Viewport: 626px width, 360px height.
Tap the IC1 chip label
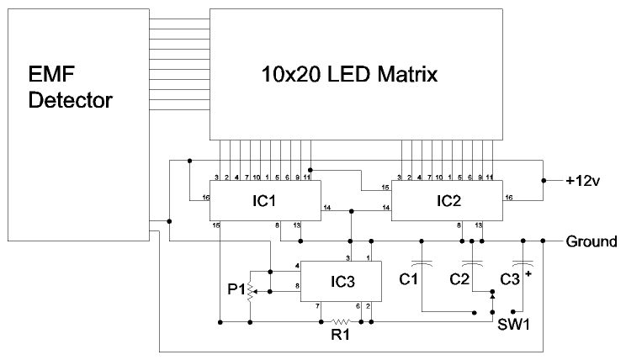264,203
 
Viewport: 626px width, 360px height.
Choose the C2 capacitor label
461,278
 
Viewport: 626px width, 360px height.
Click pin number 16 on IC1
205,199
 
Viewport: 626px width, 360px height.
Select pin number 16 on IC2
507,199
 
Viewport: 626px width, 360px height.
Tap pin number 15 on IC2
385,187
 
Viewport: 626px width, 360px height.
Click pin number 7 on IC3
317,305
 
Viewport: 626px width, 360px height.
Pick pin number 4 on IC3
297,267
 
